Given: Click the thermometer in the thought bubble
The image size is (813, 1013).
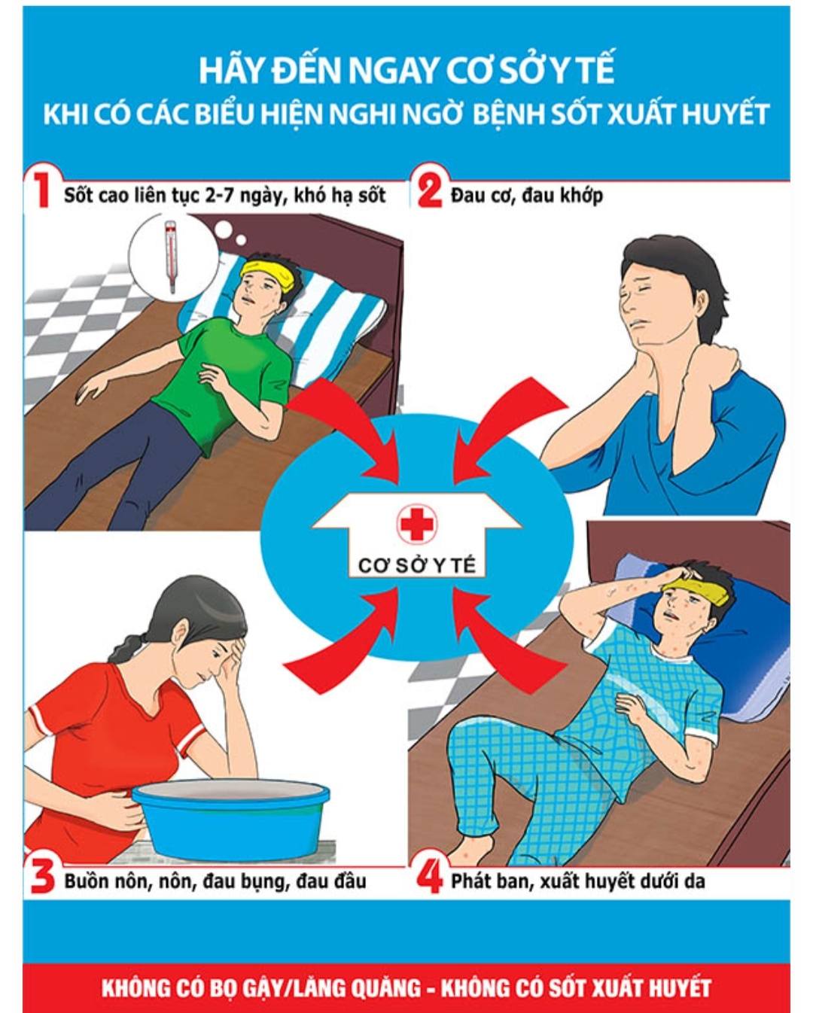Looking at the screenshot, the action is pos(170,257).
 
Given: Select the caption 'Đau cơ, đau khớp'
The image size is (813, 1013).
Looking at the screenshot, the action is pos(526,195).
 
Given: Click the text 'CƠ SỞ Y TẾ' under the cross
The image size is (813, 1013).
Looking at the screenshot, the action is pos(416,565).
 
